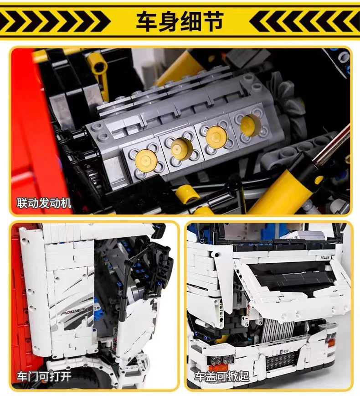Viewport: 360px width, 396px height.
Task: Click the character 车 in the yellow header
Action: point(147,21)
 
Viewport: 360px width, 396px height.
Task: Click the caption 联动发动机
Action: point(44,203)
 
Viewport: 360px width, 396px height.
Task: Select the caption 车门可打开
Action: point(44,376)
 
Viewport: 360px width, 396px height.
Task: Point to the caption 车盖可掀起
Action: point(222,376)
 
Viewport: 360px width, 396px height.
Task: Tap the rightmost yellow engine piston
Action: point(250,125)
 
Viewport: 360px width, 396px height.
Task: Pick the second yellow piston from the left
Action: point(182,149)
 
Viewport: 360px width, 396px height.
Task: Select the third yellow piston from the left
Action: point(216,136)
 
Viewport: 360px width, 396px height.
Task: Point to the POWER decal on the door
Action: point(73,311)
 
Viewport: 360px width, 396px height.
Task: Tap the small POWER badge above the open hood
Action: point(325,258)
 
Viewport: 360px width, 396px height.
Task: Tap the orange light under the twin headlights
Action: point(218,367)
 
